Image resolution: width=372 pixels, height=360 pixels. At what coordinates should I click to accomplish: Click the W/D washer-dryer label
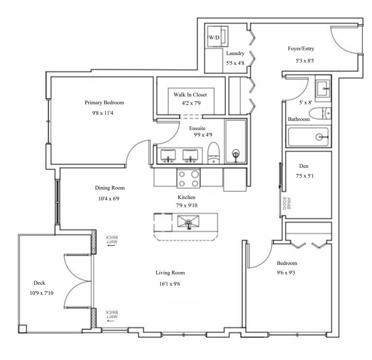point(214,37)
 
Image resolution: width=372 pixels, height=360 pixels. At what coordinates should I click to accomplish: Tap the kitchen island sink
point(188,222)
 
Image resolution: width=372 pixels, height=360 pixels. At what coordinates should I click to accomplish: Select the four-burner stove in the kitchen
point(188,178)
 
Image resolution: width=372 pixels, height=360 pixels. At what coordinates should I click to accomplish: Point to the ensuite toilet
point(214,153)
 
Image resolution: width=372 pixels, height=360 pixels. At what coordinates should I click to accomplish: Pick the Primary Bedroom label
point(104,103)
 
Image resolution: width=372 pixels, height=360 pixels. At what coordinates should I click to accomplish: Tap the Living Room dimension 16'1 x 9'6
point(170,284)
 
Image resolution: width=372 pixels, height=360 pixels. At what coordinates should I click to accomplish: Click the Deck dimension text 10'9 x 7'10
point(41,293)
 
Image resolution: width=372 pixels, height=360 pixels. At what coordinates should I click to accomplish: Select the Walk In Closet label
point(190,95)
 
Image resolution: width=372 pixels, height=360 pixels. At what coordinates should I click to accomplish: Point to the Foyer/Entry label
point(301,49)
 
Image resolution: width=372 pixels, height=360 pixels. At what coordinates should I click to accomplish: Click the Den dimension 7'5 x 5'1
point(304,176)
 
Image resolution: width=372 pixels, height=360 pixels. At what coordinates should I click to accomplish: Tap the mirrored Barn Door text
point(286,203)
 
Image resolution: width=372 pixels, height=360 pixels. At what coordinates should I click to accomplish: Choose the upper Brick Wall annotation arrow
point(111,246)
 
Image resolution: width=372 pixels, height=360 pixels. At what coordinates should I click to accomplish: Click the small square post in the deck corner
point(23,329)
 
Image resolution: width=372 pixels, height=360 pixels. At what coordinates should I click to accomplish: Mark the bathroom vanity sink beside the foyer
point(323,89)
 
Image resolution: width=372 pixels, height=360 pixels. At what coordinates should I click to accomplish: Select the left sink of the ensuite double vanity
point(168,156)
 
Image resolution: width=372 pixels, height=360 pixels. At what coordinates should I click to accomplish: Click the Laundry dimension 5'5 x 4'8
point(235,63)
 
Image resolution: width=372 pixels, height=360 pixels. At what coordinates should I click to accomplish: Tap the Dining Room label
point(110,188)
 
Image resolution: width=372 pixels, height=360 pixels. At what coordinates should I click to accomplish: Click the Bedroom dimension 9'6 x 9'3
point(286,273)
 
